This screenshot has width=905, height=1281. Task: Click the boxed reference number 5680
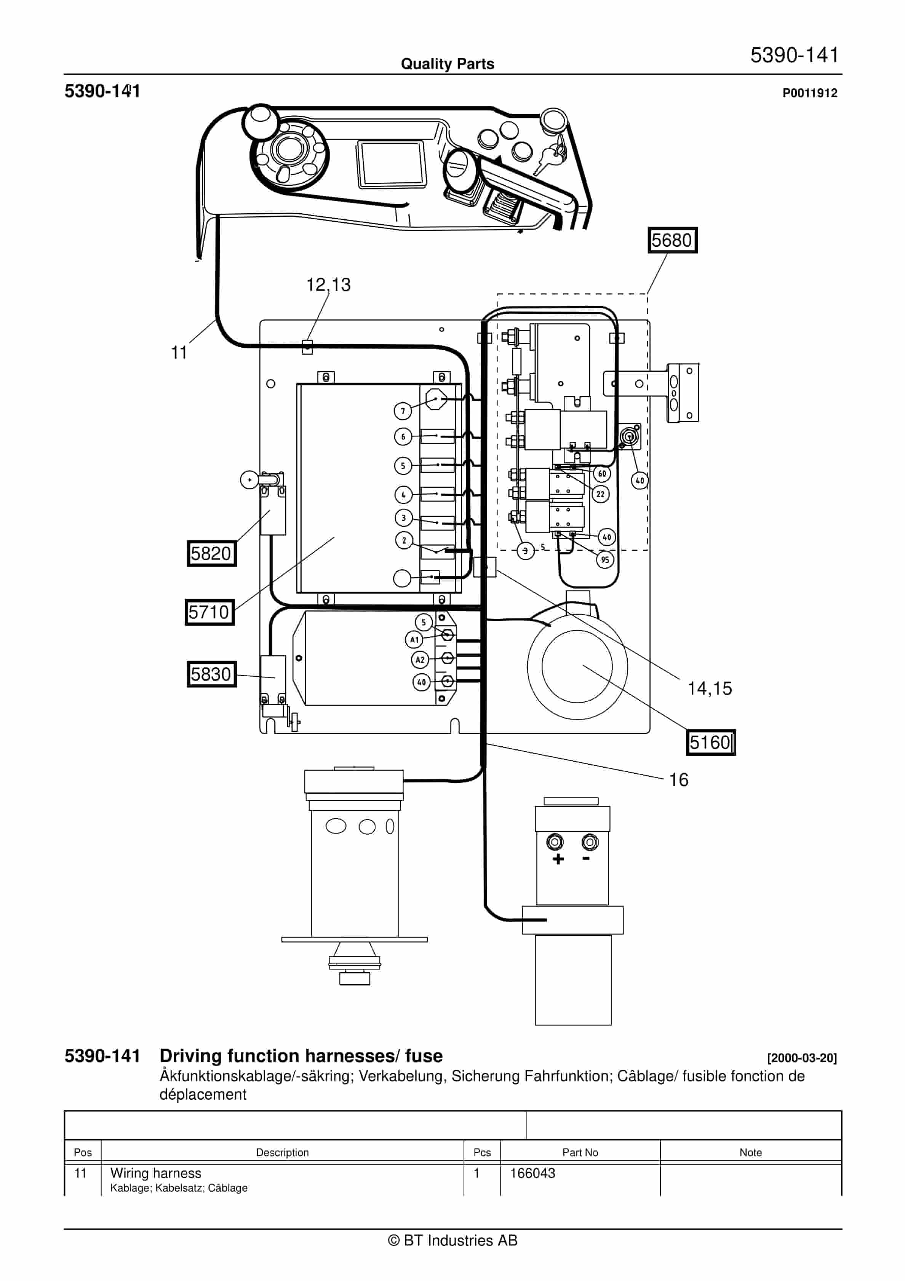(x=672, y=240)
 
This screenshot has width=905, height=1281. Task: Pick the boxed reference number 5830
(x=211, y=674)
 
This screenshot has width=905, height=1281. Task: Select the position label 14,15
(x=709, y=688)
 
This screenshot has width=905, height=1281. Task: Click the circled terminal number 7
(x=403, y=411)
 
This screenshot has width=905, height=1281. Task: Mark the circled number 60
(x=602, y=474)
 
